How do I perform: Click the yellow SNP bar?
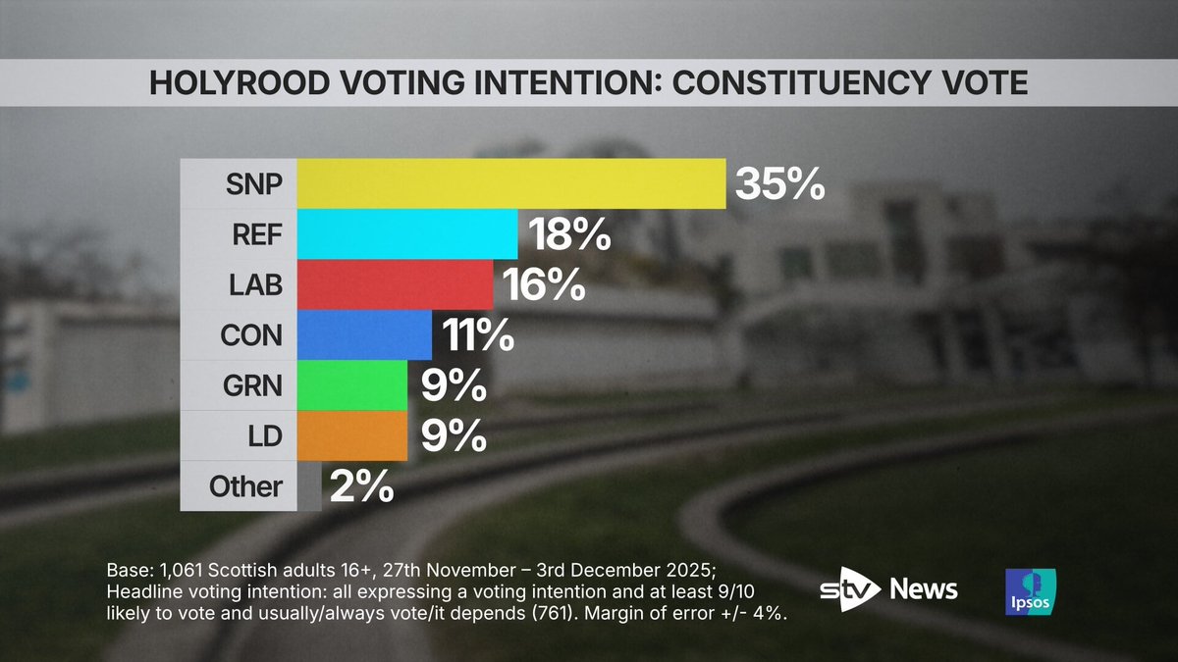click(510, 183)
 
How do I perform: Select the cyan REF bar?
click(406, 234)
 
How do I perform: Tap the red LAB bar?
click(395, 285)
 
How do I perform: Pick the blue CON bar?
click(363, 335)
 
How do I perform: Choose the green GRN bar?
click(351, 385)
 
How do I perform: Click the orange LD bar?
click(351, 435)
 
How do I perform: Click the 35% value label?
click(779, 183)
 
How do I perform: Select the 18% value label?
click(571, 234)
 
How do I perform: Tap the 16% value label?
click(545, 285)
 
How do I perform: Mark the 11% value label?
click(479, 335)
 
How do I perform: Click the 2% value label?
click(361, 486)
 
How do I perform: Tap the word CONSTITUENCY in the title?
click(798, 82)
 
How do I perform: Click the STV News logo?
click(888, 589)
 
